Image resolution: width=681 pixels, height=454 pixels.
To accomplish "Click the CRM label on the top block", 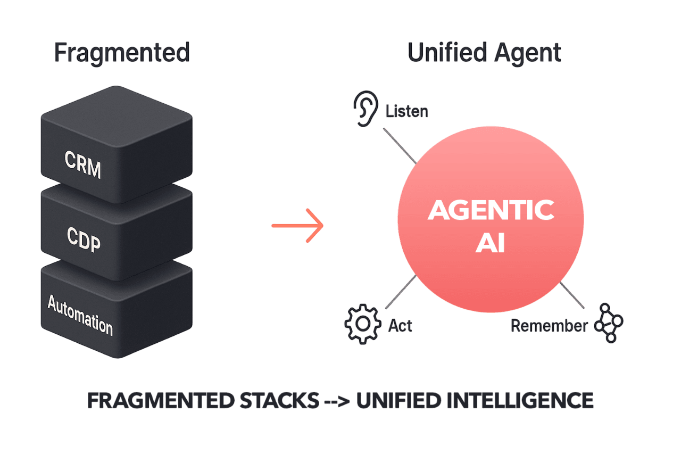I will click(82, 164).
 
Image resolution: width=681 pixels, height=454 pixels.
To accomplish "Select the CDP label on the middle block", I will click(84, 240).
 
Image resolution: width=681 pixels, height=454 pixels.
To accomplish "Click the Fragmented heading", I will click(122, 53).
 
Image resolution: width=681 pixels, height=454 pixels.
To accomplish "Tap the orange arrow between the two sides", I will click(298, 226).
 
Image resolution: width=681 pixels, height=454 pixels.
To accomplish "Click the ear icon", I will click(366, 108).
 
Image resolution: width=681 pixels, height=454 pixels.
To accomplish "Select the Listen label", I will click(406, 111).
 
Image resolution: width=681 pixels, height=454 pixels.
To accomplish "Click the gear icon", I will click(362, 324).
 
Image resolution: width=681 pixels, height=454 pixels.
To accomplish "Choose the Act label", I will click(400, 325).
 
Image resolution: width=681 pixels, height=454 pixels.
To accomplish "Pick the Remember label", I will click(549, 325).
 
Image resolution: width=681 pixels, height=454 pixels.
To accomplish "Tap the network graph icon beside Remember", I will click(609, 323).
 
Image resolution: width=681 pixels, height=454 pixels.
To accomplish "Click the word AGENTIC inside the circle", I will click(491, 210).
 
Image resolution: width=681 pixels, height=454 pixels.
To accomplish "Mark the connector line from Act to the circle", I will click(400, 292).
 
